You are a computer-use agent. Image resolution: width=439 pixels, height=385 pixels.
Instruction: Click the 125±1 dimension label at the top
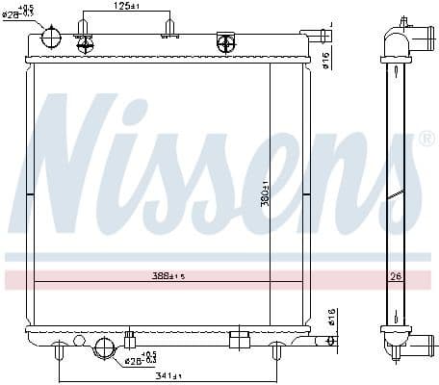[127, 7]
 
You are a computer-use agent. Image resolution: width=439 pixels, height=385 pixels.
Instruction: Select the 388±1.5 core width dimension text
[169, 275]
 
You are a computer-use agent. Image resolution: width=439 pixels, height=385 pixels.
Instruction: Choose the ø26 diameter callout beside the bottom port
[141, 359]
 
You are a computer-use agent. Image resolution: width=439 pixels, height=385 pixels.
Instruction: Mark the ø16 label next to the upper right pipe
[327, 61]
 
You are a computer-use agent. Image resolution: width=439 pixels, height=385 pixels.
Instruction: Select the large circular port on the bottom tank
[104, 347]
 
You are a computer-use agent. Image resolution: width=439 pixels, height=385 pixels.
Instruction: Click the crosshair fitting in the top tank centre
[226, 42]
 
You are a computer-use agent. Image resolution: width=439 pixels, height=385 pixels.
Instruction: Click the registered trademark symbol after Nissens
[427, 140]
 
